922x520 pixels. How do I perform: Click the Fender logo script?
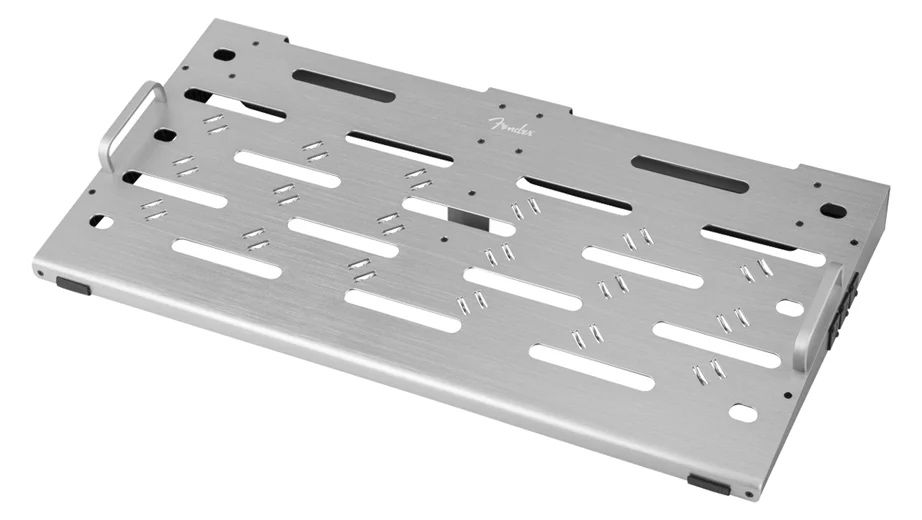pyautogui.click(x=512, y=126)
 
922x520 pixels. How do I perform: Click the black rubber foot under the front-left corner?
pyautogui.click(x=74, y=286)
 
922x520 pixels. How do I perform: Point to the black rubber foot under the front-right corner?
pyautogui.click(x=709, y=485)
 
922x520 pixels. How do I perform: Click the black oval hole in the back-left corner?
pyautogui.click(x=224, y=55)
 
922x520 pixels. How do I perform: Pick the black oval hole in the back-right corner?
pyautogui.click(x=833, y=210)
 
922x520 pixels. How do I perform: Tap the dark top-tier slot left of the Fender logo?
pyautogui.click(x=344, y=85)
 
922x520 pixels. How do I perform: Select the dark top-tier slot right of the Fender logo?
pyautogui.click(x=690, y=174)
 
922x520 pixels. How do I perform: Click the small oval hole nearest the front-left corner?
pyautogui.click(x=101, y=222)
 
